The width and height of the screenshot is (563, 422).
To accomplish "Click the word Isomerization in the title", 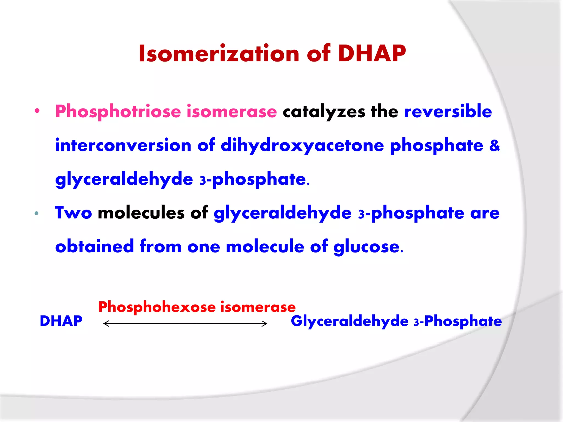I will coord(219,53).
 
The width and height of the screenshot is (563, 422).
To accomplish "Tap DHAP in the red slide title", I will coord(372,53).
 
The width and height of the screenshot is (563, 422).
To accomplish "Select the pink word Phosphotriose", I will coord(118,112).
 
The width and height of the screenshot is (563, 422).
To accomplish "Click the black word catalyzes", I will coord(324,112).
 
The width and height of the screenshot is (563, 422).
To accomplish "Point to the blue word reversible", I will coord(448,111).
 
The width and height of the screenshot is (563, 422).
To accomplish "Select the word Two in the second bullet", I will coord(73,213).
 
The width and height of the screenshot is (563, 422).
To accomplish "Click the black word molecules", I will coord(141,213).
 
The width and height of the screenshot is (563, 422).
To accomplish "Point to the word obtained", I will coord(94,246).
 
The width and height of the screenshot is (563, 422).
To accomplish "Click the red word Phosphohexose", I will coord(157,307).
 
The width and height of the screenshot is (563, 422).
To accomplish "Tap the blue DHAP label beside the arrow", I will coord(61,321).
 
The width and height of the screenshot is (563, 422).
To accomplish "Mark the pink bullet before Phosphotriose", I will coord(37,111).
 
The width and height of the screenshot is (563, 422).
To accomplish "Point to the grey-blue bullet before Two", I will coord(37,213).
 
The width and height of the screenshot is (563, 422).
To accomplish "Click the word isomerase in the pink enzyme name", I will coord(231,112).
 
